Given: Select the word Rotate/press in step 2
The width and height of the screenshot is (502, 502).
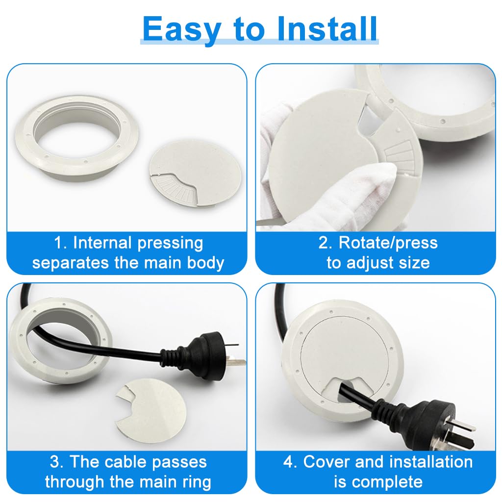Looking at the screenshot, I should coord(388,243).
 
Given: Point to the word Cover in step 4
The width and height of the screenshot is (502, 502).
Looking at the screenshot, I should coord(327,462).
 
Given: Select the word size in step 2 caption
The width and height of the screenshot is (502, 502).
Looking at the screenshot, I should coord(414,263).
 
